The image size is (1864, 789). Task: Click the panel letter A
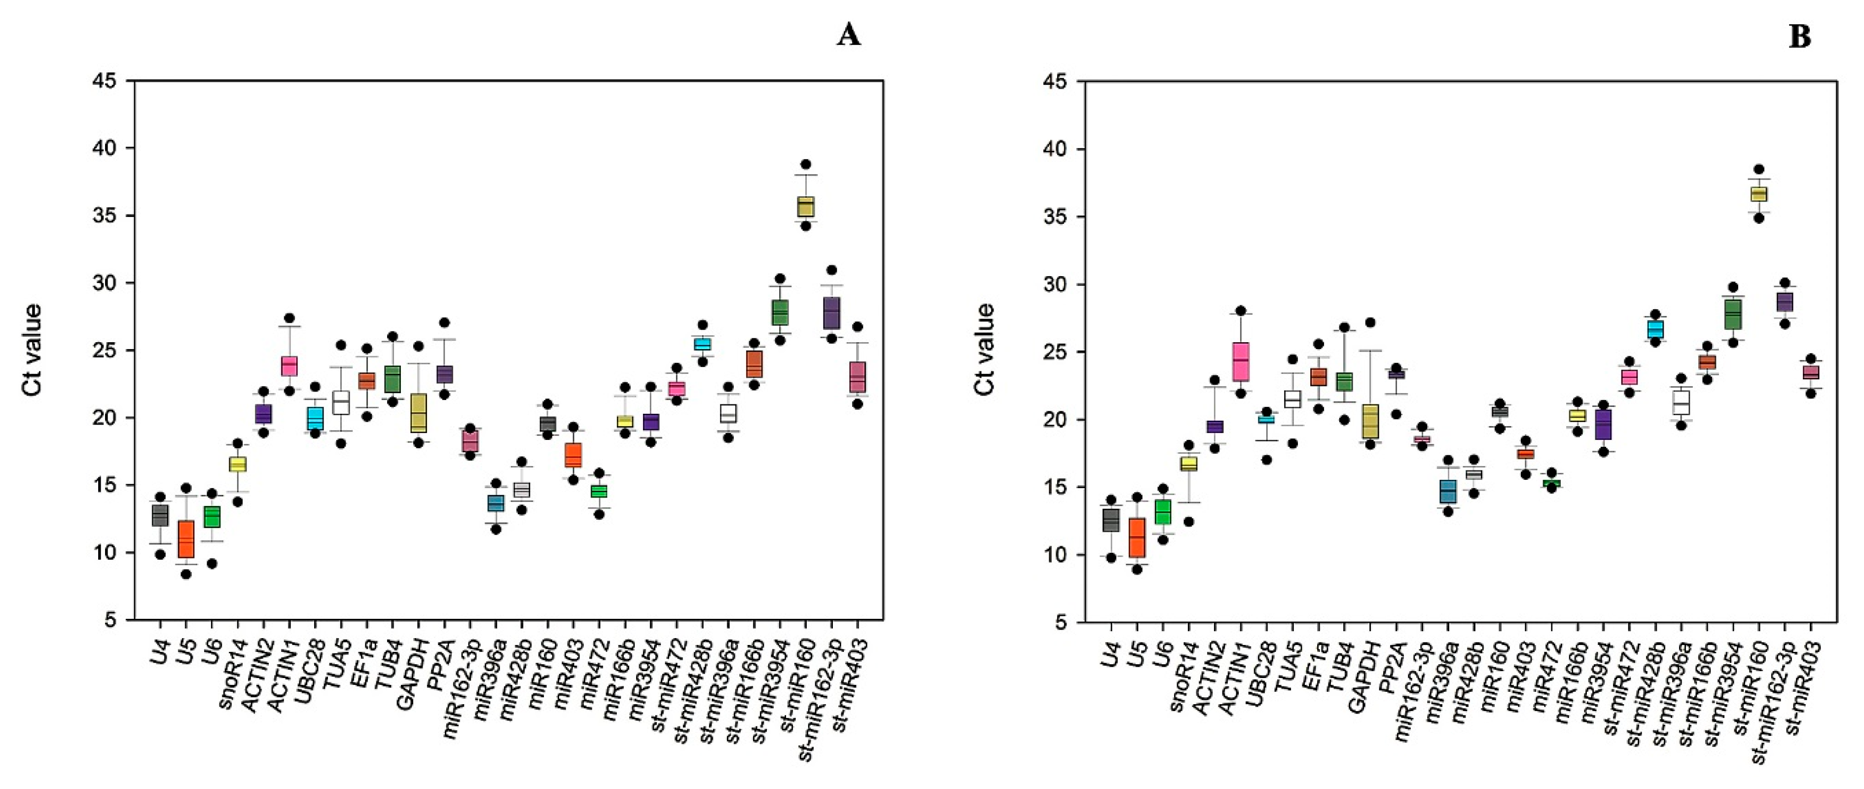click(x=848, y=34)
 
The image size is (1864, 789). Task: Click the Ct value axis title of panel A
click(x=32, y=350)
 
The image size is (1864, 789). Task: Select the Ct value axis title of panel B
click(x=984, y=350)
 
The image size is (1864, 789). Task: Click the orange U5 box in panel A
click(x=186, y=538)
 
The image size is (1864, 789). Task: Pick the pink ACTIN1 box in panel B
click(x=1240, y=361)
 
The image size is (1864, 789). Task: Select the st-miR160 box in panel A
click(x=805, y=206)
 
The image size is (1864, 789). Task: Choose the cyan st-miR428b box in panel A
click(x=701, y=344)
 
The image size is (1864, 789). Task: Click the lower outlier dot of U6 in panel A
click(x=212, y=563)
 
